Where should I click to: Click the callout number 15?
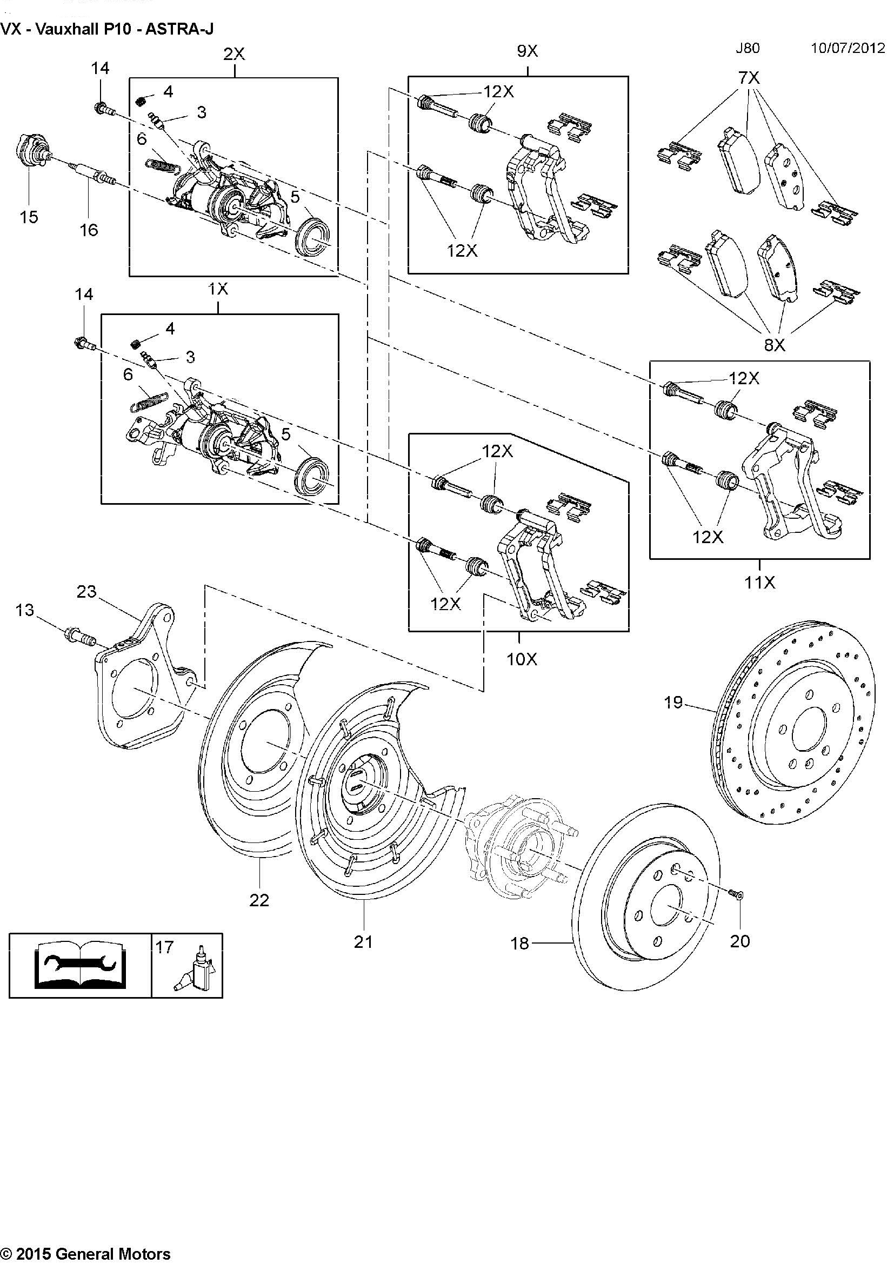(x=29, y=217)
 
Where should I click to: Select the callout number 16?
(x=89, y=230)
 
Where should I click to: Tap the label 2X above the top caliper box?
(x=233, y=53)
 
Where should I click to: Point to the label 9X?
(x=527, y=51)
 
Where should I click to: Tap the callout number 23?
(x=86, y=592)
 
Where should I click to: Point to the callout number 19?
(x=673, y=703)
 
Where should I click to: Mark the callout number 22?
(x=259, y=900)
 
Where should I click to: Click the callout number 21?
(x=363, y=942)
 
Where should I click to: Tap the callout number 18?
(x=519, y=944)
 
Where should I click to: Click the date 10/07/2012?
(x=847, y=48)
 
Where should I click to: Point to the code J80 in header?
(x=747, y=48)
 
